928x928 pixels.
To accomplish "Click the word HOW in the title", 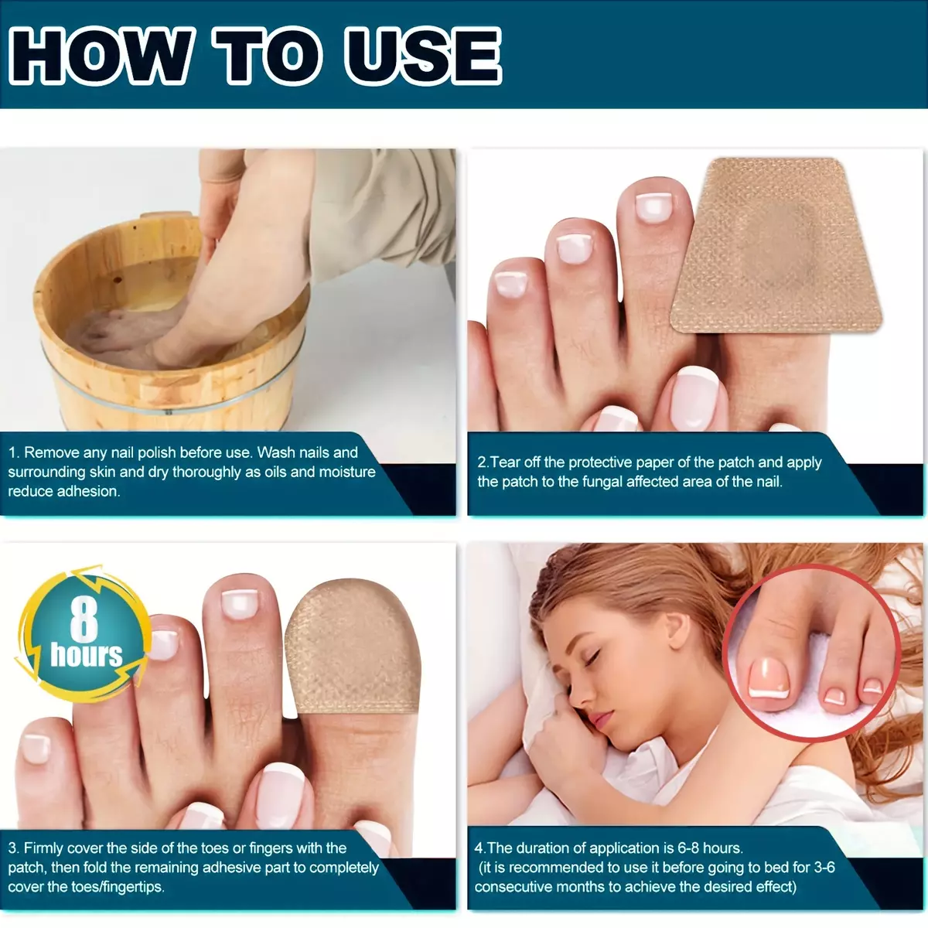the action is (x=101, y=56).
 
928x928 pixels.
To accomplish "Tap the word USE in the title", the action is (x=423, y=56).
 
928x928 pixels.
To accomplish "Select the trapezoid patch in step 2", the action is (x=776, y=244).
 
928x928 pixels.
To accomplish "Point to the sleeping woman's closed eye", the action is (x=592, y=657).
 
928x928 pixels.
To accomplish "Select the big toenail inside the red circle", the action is (x=769, y=677).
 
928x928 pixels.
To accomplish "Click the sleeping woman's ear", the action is (x=674, y=629).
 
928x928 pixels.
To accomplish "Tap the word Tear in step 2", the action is (x=506, y=462).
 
